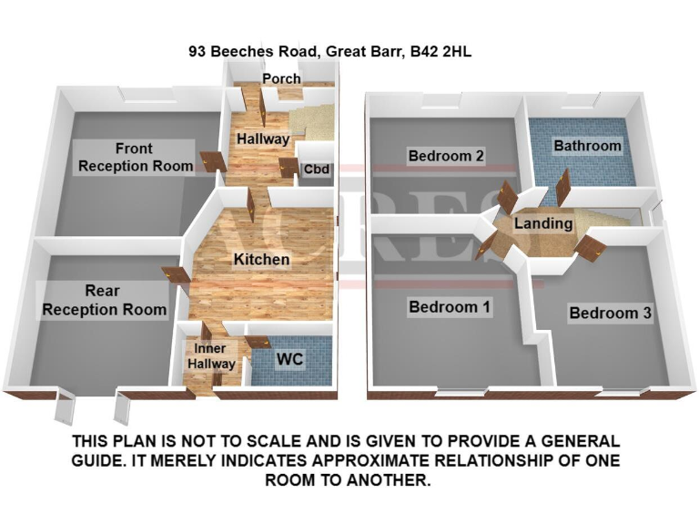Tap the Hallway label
click(263, 139)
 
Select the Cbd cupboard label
click(316, 169)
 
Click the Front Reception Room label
click(135, 157)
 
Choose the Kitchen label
click(261, 260)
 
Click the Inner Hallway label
click(211, 355)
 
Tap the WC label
click(289, 360)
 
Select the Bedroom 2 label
click(445, 156)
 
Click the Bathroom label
click(587, 146)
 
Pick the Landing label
click(543, 223)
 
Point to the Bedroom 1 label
click(450, 307)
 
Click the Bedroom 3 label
click(610, 314)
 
